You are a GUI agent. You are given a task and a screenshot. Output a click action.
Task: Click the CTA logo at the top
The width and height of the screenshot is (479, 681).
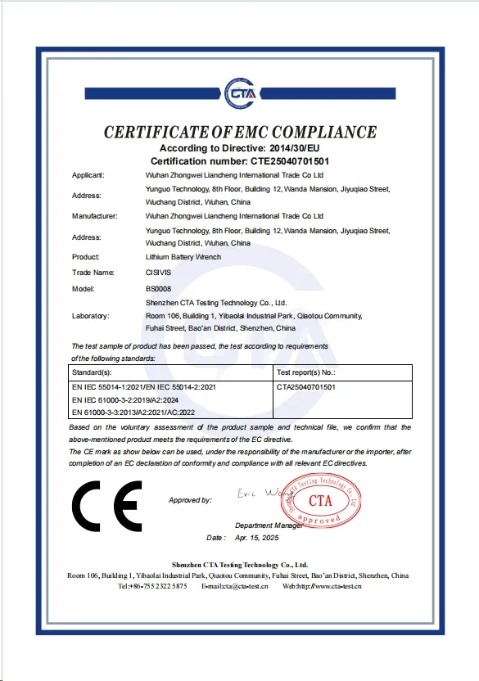tap(240, 92)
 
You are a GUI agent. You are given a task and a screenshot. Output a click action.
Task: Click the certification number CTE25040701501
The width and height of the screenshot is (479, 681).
tap(283, 161)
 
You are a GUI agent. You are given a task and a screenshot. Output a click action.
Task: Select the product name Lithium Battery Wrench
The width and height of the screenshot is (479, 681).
tap(183, 257)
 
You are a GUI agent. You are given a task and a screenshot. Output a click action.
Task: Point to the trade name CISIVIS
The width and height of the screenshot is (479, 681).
tap(158, 272)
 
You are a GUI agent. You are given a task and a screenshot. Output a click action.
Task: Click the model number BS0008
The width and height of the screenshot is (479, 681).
tap(158, 288)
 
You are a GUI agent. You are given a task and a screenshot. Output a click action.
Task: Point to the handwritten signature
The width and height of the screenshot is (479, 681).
tap(260, 495)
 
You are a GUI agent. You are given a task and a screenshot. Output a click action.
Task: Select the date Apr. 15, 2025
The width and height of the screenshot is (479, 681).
tap(257, 539)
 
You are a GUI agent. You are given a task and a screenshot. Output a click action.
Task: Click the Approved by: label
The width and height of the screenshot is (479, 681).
tap(190, 499)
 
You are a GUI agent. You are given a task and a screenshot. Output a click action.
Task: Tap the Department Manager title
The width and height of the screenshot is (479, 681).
tap(269, 525)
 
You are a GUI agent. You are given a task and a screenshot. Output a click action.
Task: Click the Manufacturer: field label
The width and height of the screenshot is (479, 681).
tap(95, 216)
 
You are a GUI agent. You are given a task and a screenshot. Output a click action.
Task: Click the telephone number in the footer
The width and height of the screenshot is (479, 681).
tap(152, 586)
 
